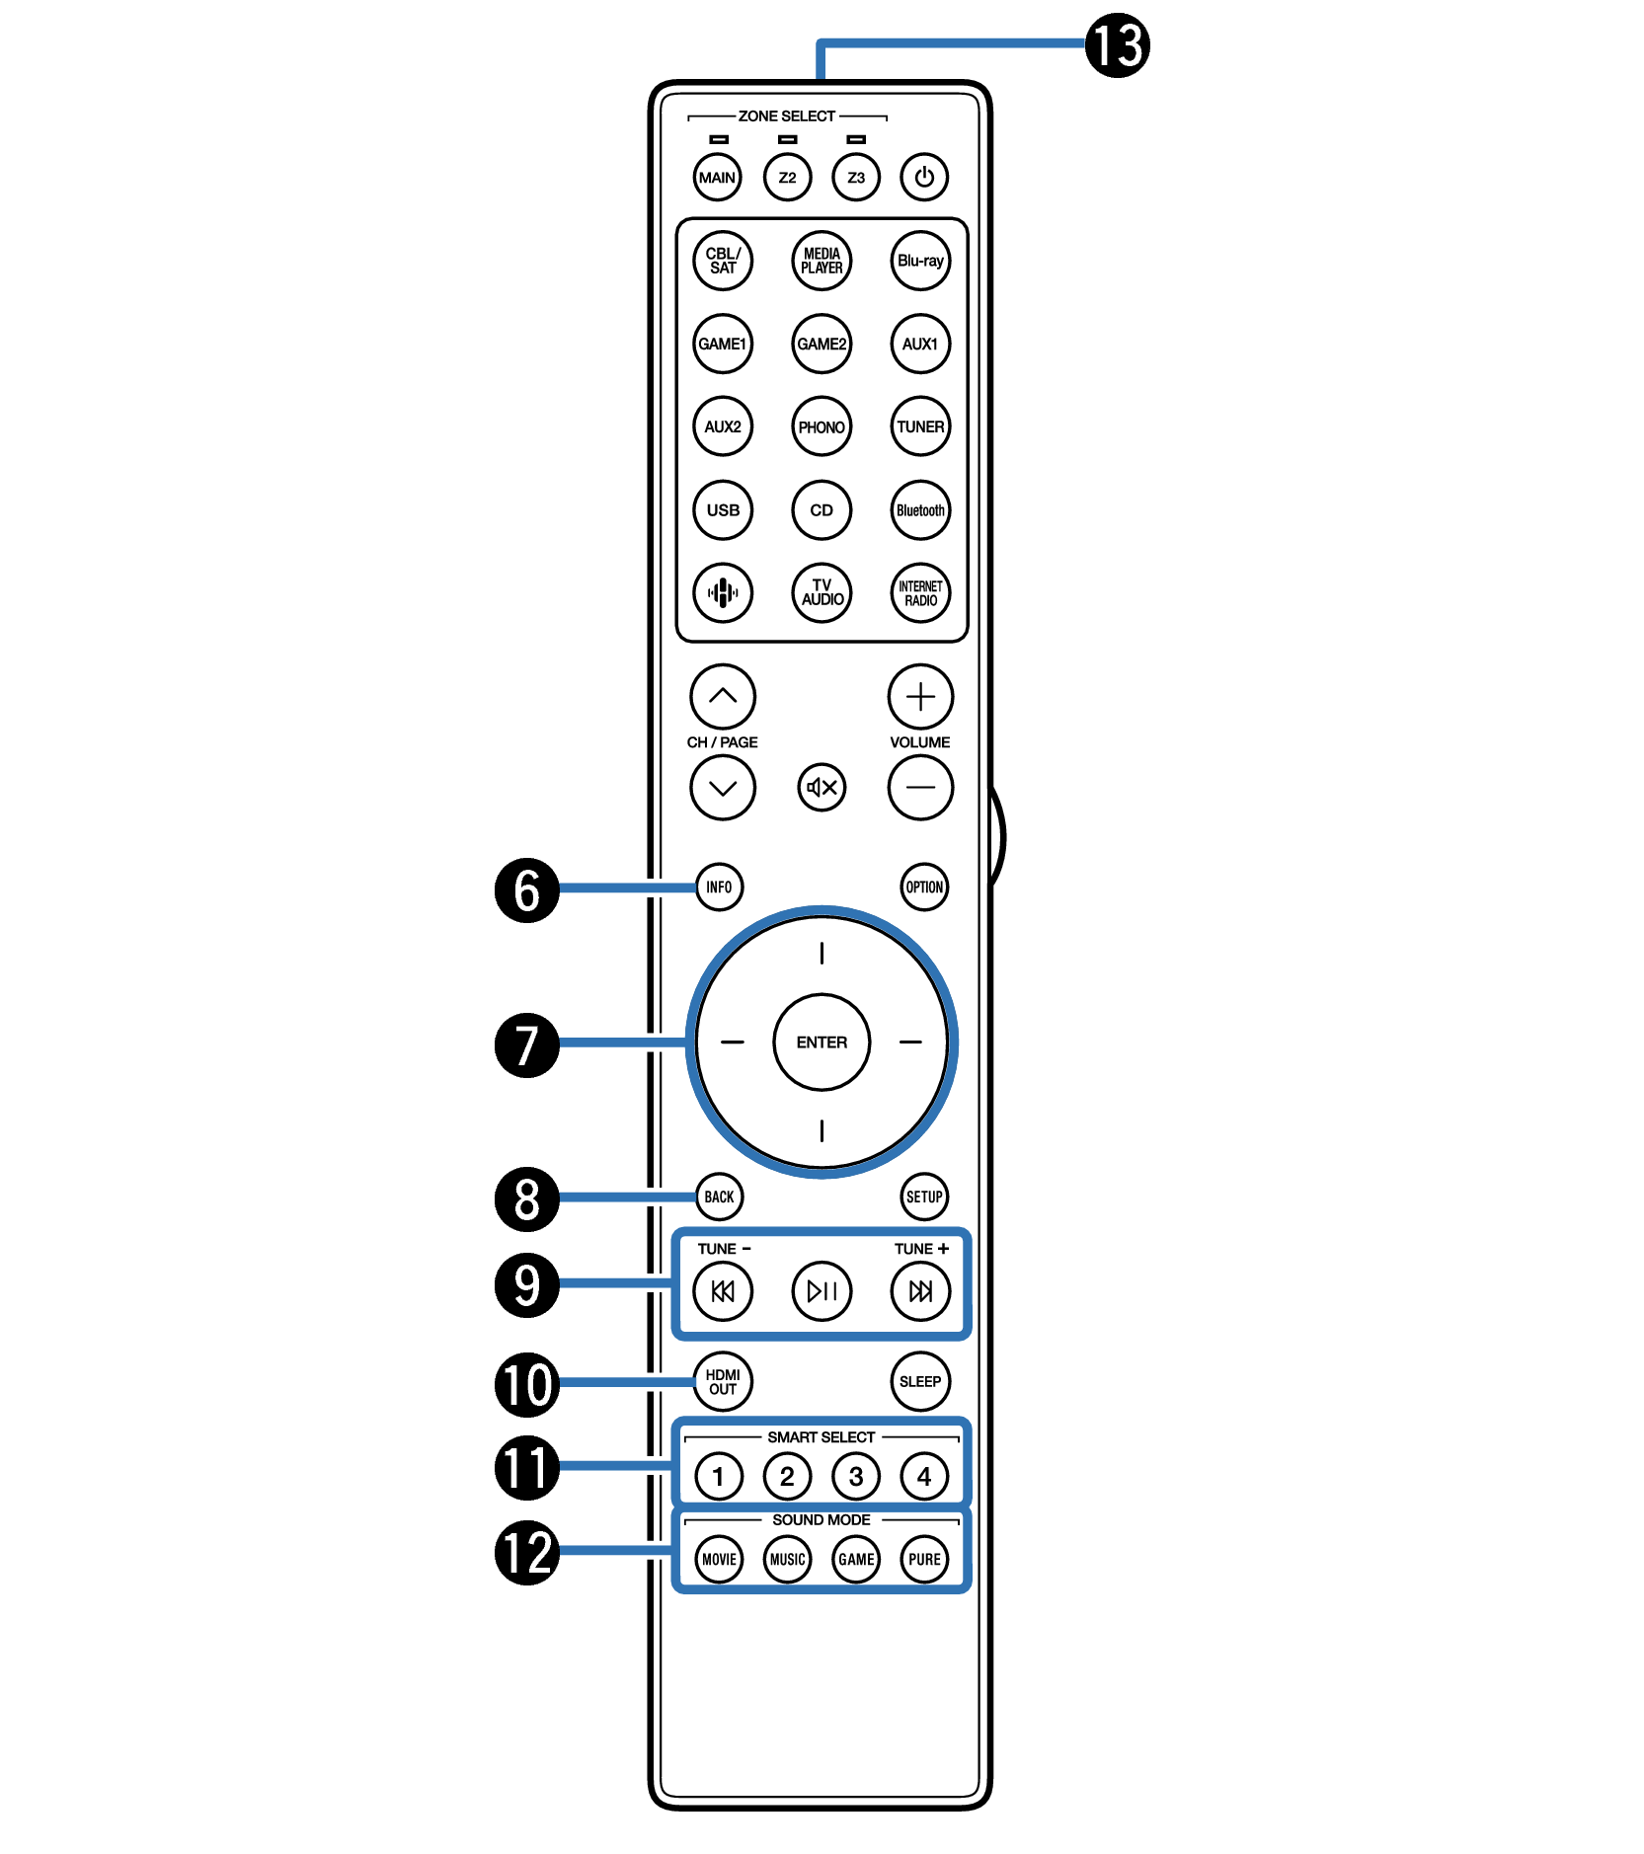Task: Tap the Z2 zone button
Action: tap(787, 178)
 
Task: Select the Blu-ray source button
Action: tap(920, 261)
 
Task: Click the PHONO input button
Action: tap(822, 426)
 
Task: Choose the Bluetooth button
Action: tap(920, 510)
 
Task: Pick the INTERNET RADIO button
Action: tap(920, 593)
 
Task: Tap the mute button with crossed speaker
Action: tap(822, 787)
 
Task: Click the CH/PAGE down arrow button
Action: tap(723, 787)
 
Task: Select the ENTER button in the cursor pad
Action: tap(822, 1042)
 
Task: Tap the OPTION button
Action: tap(924, 887)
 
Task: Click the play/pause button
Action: tap(822, 1290)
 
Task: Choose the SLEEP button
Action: tap(920, 1381)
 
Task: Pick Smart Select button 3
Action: tap(856, 1476)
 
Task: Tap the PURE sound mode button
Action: tap(924, 1559)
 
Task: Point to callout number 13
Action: tap(1118, 45)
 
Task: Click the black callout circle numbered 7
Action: tap(527, 1044)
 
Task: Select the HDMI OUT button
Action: tap(723, 1381)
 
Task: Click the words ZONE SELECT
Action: tap(787, 116)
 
